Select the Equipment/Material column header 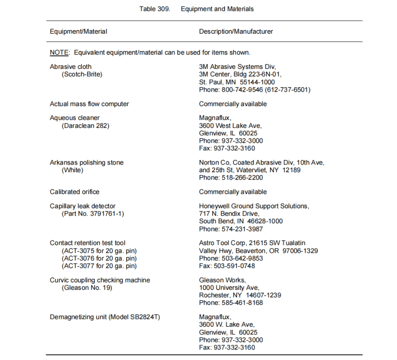click(x=78, y=31)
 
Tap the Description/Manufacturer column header click(x=236, y=31)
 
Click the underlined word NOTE click(x=59, y=52)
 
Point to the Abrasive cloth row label click(x=71, y=67)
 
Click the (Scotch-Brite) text click(x=82, y=74)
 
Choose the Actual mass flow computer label click(x=89, y=104)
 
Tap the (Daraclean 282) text click(x=86, y=126)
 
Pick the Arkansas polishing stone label click(x=87, y=163)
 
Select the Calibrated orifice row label click(x=75, y=192)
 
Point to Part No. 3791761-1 click(x=92, y=214)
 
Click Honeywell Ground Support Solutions click(x=254, y=206)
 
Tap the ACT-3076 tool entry click(x=99, y=258)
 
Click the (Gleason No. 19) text click(x=87, y=288)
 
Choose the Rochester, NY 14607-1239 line click(x=240, y=295)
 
